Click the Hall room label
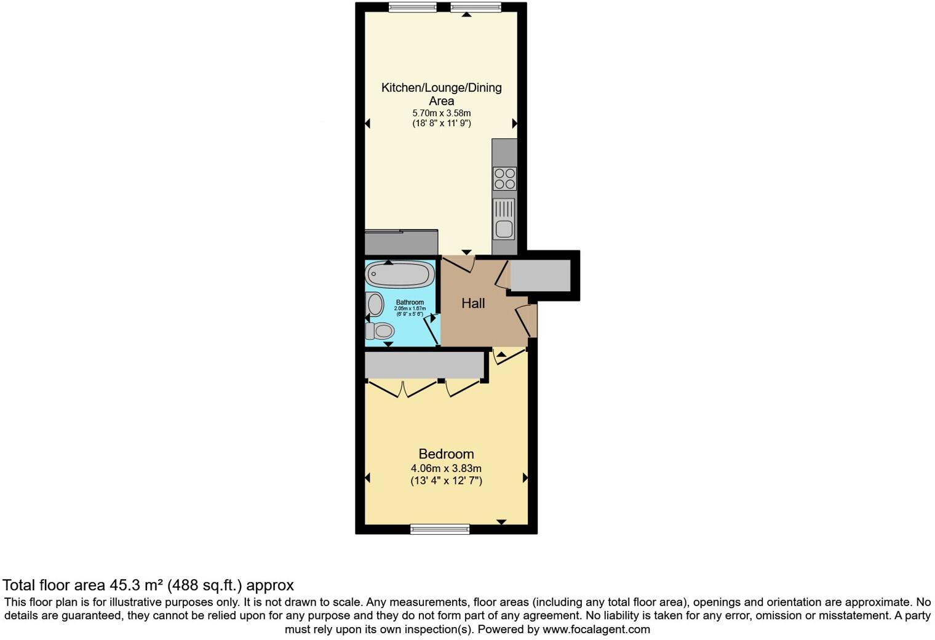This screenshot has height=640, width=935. (473, 303)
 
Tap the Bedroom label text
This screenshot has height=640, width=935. (446, 454)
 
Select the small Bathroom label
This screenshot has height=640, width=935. (410, 302)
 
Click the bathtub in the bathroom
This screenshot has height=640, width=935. (400, 274)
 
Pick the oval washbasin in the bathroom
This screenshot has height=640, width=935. (374, 304)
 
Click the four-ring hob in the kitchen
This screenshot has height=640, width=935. (504, 179)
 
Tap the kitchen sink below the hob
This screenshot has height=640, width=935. (504, 219)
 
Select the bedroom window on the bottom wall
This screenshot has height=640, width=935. (440, 529)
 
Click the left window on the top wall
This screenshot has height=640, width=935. (412, 7)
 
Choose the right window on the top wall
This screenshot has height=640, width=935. (475, 7)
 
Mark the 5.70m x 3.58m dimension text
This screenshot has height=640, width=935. (441, 113)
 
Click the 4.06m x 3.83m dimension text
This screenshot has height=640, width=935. (446, 468)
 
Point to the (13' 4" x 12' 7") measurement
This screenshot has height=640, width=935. (446, 481)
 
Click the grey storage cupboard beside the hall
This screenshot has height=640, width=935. (540, 275)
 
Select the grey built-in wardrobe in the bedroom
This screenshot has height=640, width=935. (424, 365)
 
